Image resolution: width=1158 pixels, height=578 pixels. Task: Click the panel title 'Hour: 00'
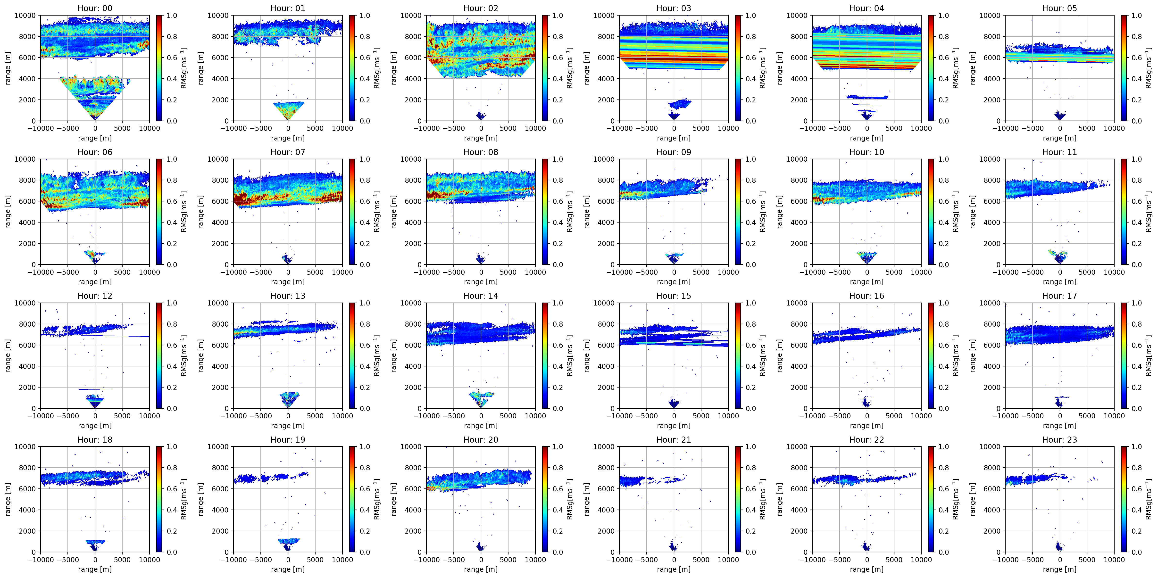pos(95,8)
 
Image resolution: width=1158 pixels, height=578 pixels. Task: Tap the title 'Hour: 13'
pos(288,296)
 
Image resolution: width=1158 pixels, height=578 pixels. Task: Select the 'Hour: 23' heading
pos(1059,440)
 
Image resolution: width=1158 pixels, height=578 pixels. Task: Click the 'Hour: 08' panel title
pos(481,152)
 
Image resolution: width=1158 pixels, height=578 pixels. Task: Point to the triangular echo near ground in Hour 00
pos(95,97)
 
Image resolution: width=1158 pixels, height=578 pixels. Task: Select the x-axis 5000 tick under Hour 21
pos(701,560)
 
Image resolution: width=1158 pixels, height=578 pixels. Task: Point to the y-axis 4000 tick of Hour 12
pos(27,366)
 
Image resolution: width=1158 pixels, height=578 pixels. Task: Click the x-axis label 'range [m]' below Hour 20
pos(481,569)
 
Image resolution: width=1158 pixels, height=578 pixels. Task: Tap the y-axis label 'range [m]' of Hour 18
pos(8,499)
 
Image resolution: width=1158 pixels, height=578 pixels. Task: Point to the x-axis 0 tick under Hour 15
pos(674,416)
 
